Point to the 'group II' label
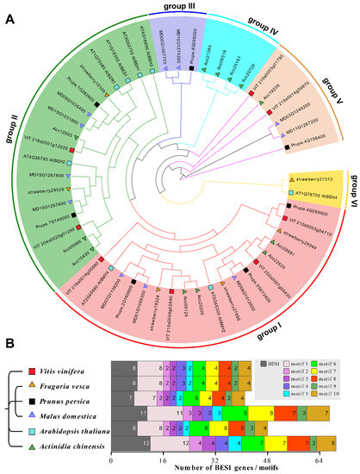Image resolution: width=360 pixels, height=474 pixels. click(13, 146)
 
